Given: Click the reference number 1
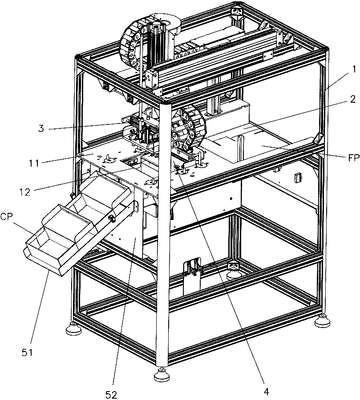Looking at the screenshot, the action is pyautogui.click(x=354, y=69).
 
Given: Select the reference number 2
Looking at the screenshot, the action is pyautogui.click(x=352, y=99).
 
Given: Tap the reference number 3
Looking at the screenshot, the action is pyautogui.click(x=41, y=129).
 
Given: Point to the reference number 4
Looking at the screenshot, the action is pyautogui.click(x=266, y=391).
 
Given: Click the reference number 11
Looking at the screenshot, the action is pyautogui.click(x=34, y=163).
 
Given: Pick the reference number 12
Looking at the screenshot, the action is pyautogui.click(x=24, y=192).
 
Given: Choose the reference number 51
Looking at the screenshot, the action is pyautogui.click(x=27, y=352).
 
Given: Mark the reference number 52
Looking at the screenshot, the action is pyautogui.click(x=111, y=395).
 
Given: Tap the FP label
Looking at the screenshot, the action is pyautogui.click(x=353, y=158).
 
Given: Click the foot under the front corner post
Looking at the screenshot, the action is pyautogui.click(x=162, y=374).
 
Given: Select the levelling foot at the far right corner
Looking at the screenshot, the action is pyautogui.click(x=322, y=321).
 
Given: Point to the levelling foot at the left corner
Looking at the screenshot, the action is pyautogui.click(x=73, y=329).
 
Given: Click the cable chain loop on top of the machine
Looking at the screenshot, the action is pyautogui.click(x=133, y=42).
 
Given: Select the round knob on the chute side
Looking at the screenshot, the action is pyautogui.click(x=112, y=218).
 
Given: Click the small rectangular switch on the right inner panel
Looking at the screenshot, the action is pyautogui.click(x=295, y=177).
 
